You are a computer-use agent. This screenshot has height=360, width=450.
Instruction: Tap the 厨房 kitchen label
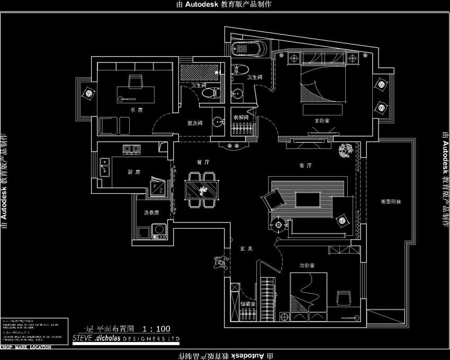click(133, 172)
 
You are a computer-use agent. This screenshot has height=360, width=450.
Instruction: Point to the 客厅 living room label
click(305, 166)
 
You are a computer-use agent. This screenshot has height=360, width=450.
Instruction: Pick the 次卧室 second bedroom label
click(307, 265)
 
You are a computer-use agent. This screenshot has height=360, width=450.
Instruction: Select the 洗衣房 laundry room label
click(151, 213)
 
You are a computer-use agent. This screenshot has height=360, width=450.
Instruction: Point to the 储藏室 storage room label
click(248, 304)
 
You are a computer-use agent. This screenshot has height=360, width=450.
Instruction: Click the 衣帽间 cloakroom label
click(241, 117)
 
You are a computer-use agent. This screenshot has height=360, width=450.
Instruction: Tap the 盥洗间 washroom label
click(194, 123)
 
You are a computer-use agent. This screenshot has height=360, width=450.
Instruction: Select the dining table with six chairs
click(202, 188)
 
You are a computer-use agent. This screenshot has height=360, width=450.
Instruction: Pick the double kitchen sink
click(103, 169)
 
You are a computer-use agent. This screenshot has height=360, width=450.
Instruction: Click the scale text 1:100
click(156, 328)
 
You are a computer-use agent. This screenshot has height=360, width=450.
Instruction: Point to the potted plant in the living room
click(346, 150)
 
